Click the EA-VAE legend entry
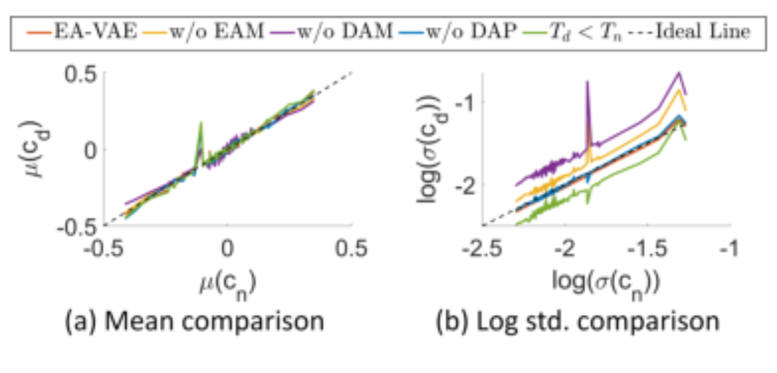82,32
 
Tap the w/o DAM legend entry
331,32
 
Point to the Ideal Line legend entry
689,32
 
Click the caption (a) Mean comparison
194,321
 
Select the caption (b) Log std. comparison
578,321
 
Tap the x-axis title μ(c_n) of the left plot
228,285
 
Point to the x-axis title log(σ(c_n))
606,285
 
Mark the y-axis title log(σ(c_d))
432,149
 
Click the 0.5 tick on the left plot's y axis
81,74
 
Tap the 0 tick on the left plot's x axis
227,249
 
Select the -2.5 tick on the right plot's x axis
482,249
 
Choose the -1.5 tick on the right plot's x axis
647,249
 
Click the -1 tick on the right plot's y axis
464,103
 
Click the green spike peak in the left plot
201,122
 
